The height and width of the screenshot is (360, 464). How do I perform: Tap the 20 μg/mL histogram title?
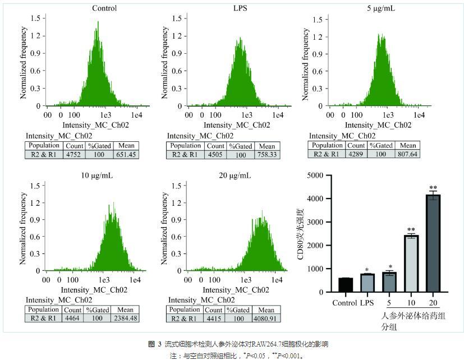point(236,176)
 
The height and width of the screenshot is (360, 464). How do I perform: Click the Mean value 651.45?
point(126,155)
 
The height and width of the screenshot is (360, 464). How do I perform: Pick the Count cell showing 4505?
point(214,155)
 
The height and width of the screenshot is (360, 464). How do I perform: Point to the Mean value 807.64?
point(408,154)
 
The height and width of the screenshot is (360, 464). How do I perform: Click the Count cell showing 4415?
point(214,319)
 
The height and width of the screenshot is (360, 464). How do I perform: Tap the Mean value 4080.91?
point(267,319)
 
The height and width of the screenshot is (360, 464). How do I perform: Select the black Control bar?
point(346,285)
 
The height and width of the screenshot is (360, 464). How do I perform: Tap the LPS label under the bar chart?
point(367,303)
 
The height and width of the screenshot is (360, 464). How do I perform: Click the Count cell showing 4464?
point(72,319)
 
